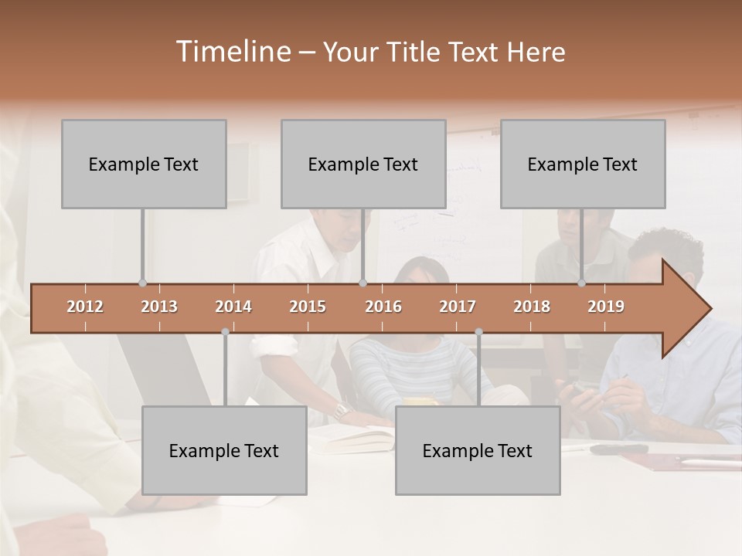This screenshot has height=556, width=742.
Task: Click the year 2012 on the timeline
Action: [85, 307]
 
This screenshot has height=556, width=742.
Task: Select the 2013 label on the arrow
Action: [159, 307]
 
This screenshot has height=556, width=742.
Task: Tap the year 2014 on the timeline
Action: [233, 307]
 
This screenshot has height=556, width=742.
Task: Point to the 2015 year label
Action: [308, 307]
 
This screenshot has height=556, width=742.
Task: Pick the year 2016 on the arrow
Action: [383, 307]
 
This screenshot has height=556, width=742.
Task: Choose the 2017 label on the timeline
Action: [458, 307]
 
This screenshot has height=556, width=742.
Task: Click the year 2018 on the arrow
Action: [532, 307]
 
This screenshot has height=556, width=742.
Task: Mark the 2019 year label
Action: [606, 307]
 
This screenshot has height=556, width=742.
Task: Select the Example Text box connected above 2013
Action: [144, 164]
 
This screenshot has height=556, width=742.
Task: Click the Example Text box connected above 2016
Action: [363, 164]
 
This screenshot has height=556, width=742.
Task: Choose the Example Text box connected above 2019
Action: [583, 164]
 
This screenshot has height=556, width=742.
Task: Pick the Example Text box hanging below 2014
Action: [224, 450]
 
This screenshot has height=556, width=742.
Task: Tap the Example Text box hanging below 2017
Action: [478, 450]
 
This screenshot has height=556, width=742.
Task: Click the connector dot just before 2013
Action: [142, 283]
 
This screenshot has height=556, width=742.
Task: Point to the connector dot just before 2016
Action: [362, 283]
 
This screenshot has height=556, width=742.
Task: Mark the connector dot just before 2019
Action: [581, 283]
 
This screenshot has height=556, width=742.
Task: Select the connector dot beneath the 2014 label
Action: [225, 332]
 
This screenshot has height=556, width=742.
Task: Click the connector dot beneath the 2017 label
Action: [478, 332]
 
